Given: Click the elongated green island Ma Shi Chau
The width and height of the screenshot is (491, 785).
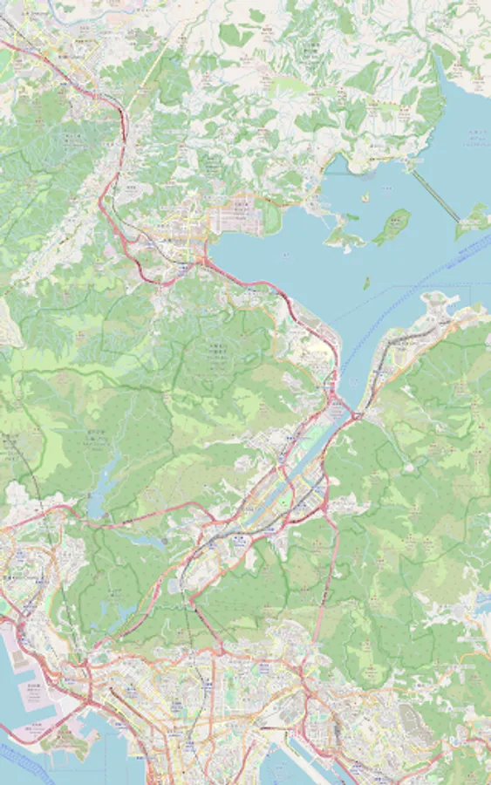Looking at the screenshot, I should click(x=392, y=226).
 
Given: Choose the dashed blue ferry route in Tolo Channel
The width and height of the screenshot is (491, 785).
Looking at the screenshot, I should click(x=410, y=288).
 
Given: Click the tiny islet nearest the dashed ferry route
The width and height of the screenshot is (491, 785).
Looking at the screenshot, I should click(x=366, y=283).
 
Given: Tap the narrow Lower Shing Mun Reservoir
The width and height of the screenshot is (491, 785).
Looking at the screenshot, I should click(x=148, y=541).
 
